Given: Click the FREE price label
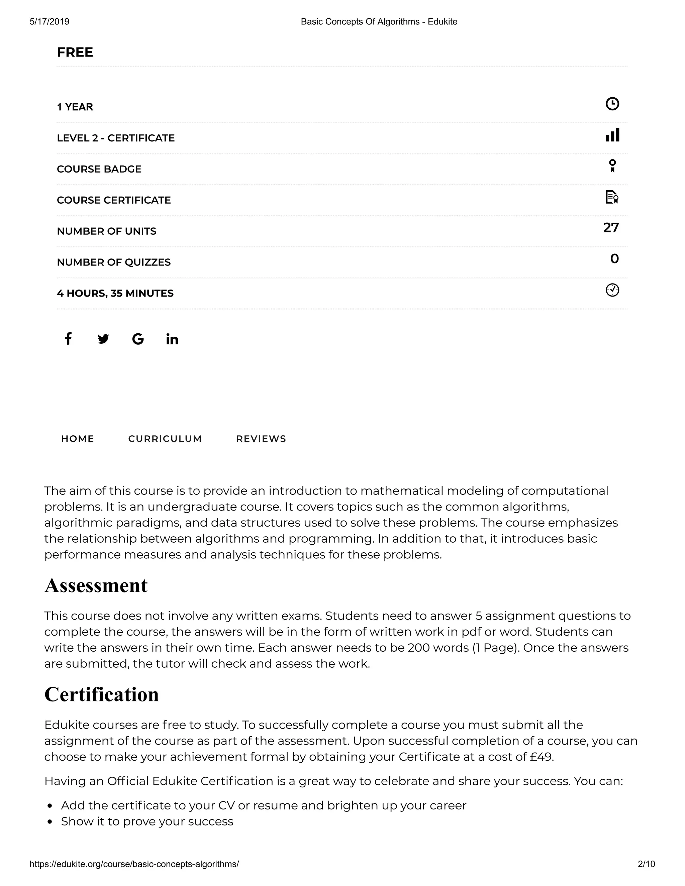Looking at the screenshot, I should coord(75,52).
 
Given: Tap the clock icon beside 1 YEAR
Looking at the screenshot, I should coord(612,104).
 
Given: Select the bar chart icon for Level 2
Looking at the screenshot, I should coord(612,135).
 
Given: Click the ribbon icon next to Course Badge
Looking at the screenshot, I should coord(612,166).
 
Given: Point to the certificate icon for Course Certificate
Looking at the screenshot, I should coord(611,197).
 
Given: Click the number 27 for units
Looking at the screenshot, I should coord(611,228).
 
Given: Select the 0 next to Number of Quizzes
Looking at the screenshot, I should coord(614,259).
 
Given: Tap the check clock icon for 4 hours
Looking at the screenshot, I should coord(612,290).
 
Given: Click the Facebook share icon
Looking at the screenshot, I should coord(69,338).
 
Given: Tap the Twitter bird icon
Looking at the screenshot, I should coord(103,339).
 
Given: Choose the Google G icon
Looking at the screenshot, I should coord(138,339).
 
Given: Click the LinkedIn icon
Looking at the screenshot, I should coord(172,339).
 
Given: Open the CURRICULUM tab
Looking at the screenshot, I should coord(165,439).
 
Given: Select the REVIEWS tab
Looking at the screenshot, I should coord(261,439).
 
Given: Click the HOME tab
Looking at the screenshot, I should coord(78,439).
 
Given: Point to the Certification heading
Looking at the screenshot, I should coord(101,694).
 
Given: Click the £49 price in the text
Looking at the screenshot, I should coord(542,757).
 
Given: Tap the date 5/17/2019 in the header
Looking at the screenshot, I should coord(50,21).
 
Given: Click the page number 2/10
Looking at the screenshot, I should coord(646,864).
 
